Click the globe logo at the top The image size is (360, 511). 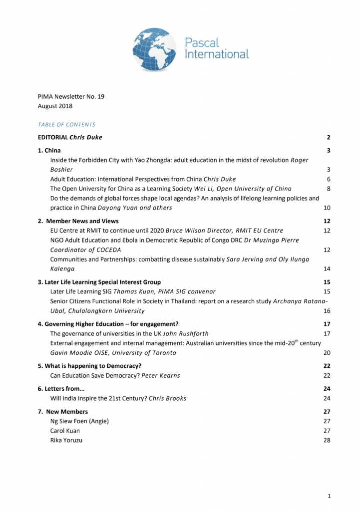coord(155,49)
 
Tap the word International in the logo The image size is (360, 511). coord(217,54)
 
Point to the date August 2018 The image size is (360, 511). coord(55,106)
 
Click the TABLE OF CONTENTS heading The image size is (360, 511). coord(66,124)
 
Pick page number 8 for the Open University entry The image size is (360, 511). coord(328,189)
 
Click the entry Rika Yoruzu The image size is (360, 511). coord(66,440)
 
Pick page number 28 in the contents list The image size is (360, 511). coord(327,440)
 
